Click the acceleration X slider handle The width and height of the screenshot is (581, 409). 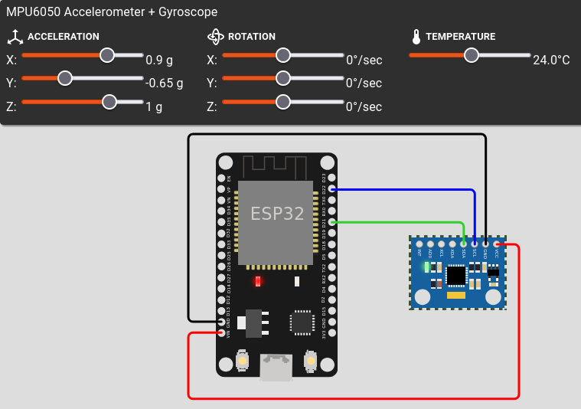[107, 55]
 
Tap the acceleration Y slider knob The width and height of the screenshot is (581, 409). [65, 78]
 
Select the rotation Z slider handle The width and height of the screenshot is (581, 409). [283, 102]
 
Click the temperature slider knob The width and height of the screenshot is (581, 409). [472, 55]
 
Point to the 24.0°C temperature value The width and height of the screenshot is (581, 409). [551, 60]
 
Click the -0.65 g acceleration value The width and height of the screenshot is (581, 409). [165, 83]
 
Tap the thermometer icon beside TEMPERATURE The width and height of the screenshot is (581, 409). [416, 37]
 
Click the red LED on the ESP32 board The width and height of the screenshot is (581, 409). [258, 281]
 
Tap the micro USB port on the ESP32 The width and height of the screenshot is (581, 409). [276, 368]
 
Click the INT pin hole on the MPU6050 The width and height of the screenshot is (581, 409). [419, 244]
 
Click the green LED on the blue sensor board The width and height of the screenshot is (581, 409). [426, 267]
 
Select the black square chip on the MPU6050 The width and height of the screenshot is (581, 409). [456, 274]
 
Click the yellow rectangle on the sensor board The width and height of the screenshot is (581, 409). [456, 295]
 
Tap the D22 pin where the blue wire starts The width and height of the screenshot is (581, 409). [331, 188]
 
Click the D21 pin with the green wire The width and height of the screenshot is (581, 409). [331, 222]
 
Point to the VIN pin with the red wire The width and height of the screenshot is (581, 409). [221, 332]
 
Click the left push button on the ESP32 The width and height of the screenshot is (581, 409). [243, 360]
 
